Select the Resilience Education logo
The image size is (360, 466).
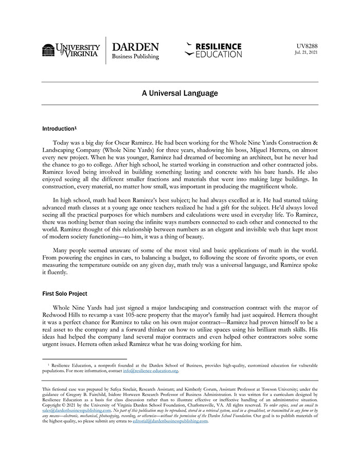click(213, 50)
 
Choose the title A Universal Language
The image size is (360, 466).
click(179, 94)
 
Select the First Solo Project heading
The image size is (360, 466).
click(64, 294)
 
